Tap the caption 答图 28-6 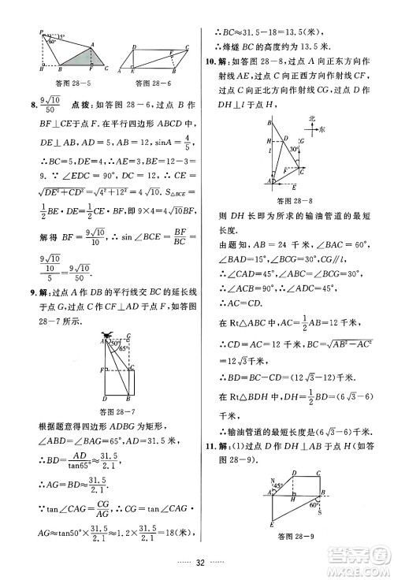tap(154, 81)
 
